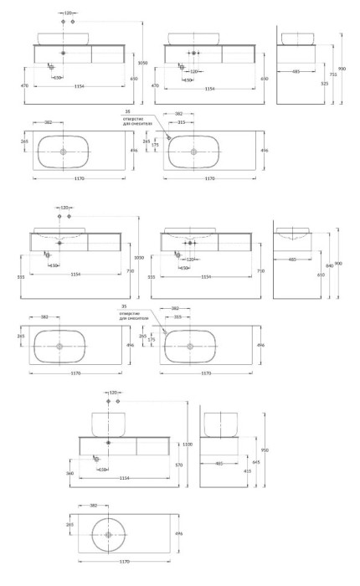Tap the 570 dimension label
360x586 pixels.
(178, 465)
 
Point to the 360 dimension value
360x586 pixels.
(69, 474)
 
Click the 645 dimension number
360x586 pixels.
(256, 462)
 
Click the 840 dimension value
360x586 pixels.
(329, 265)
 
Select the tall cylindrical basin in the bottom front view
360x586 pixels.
(109, 424)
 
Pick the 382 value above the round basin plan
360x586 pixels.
(94, 505)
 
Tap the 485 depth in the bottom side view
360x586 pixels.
(219, 463)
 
